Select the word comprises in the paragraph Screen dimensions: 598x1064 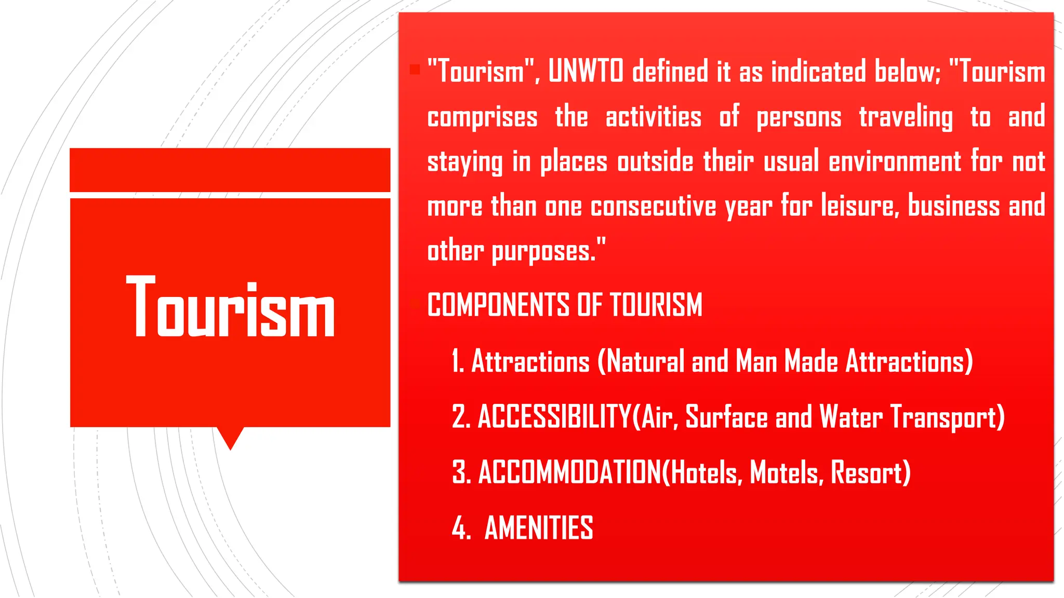482,117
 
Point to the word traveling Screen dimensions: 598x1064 906,117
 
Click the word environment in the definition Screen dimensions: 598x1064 895,161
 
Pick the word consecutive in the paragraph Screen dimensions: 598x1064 653,207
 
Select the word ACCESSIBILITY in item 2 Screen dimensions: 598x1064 554,417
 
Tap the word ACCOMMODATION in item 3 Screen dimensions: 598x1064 569,472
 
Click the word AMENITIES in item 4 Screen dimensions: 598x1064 539,528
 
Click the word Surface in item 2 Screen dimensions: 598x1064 726,417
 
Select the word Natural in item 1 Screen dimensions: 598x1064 645,361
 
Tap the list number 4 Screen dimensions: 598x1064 459,528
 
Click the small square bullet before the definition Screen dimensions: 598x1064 415,70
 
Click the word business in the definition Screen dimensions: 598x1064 953,207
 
